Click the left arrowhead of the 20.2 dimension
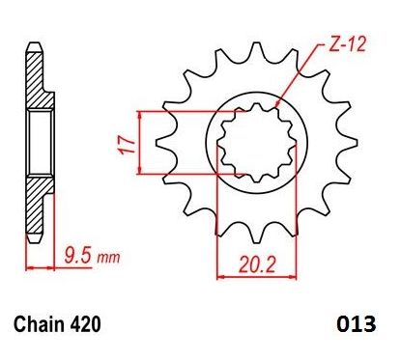tap(218, 274)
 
